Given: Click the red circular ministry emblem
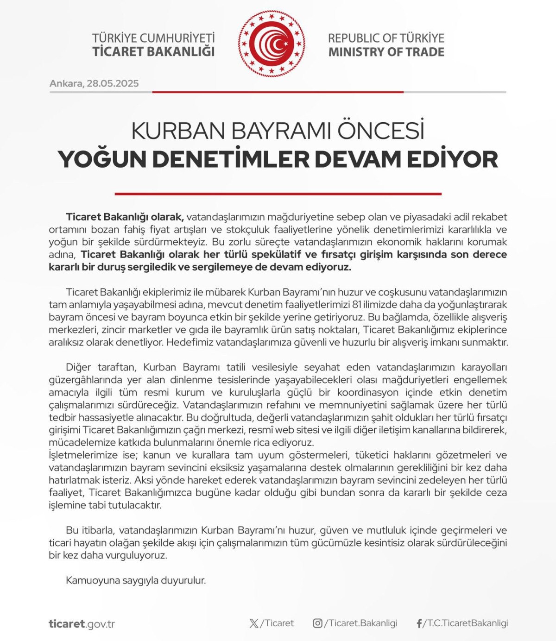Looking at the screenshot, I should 272,44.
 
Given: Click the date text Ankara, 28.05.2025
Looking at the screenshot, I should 94,83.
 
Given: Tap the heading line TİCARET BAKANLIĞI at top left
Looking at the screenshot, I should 153,52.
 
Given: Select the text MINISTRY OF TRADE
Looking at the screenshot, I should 386,52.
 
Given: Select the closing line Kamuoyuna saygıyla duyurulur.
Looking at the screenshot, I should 136,580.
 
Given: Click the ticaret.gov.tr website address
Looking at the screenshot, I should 82,624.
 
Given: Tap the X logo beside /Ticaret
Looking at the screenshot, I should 254,623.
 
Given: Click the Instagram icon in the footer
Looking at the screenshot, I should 317,623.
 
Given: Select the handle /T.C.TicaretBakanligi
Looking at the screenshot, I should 466,623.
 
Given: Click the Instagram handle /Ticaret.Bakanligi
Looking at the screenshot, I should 361,623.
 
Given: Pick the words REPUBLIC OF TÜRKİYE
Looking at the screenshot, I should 386,38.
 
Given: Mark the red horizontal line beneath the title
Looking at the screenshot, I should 278,194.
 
